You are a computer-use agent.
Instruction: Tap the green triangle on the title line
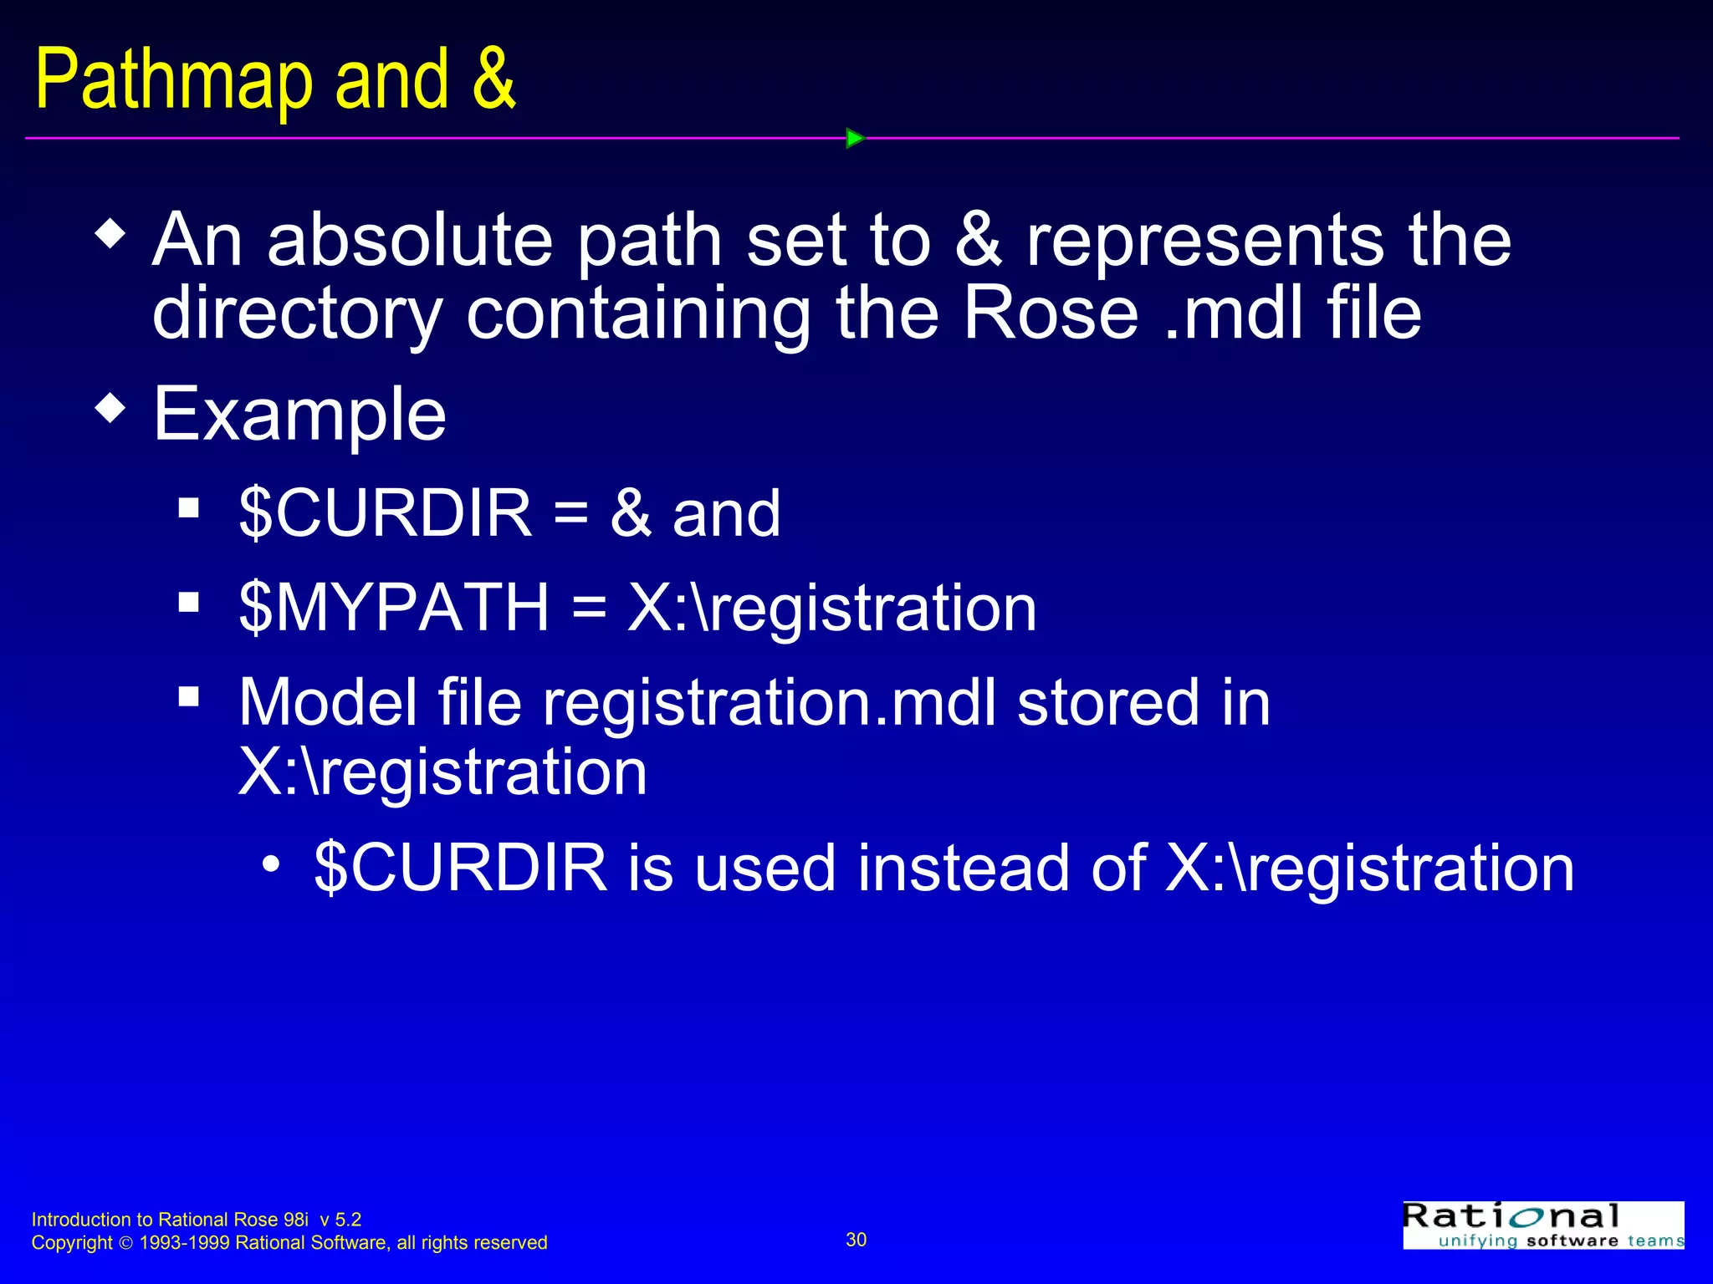(x=854, y=138)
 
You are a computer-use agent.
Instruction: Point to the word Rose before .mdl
(x=1051, y=314)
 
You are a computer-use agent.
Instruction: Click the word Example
(x=299, y=415)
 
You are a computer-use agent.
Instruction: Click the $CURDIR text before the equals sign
(x=385, y=513)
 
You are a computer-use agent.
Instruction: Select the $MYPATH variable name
(x=393, y=608)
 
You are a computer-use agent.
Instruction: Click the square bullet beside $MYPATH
(x=189, y=602)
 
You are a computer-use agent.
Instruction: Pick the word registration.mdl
(x=770, y=703)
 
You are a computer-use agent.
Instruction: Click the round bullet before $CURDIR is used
(x=270, y=864)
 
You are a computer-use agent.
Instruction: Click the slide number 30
(x=856, y=1240)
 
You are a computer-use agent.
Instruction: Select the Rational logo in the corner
(x=1542, y=1225)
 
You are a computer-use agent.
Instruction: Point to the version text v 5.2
(x=340, y=1220)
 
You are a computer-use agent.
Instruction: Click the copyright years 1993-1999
(x=184, y=1243)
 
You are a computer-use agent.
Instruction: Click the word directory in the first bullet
(x=297, y=316)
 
